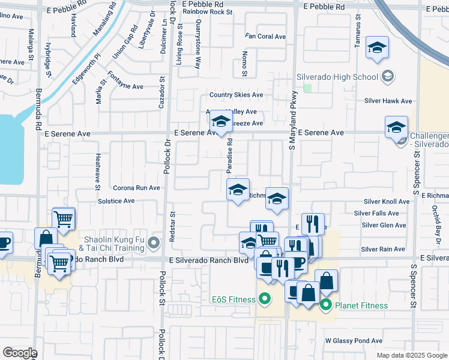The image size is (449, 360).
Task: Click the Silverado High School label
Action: [337, 77]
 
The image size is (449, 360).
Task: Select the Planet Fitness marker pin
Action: [326, 305]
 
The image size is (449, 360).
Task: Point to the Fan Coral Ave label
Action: [265, 37]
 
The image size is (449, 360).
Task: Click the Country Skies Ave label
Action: [236, 95]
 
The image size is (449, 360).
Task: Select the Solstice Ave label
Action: [116, 200]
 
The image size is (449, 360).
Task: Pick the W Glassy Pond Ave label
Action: [354, 341]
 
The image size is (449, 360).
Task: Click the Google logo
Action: [20, 353]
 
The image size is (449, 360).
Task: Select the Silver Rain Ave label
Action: [383, 249]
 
